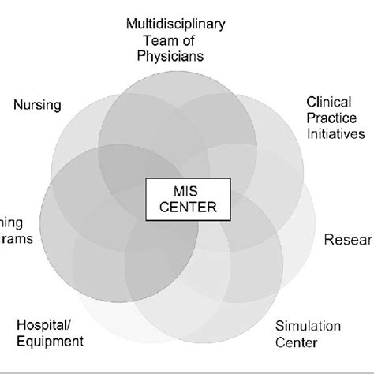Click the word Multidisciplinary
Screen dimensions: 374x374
pos(176,24)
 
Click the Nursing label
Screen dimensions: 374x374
pos(38,105)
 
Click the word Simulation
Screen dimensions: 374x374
pos(307,326)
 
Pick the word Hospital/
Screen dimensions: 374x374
pos(42,325)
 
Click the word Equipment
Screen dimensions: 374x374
pos(50,341)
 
